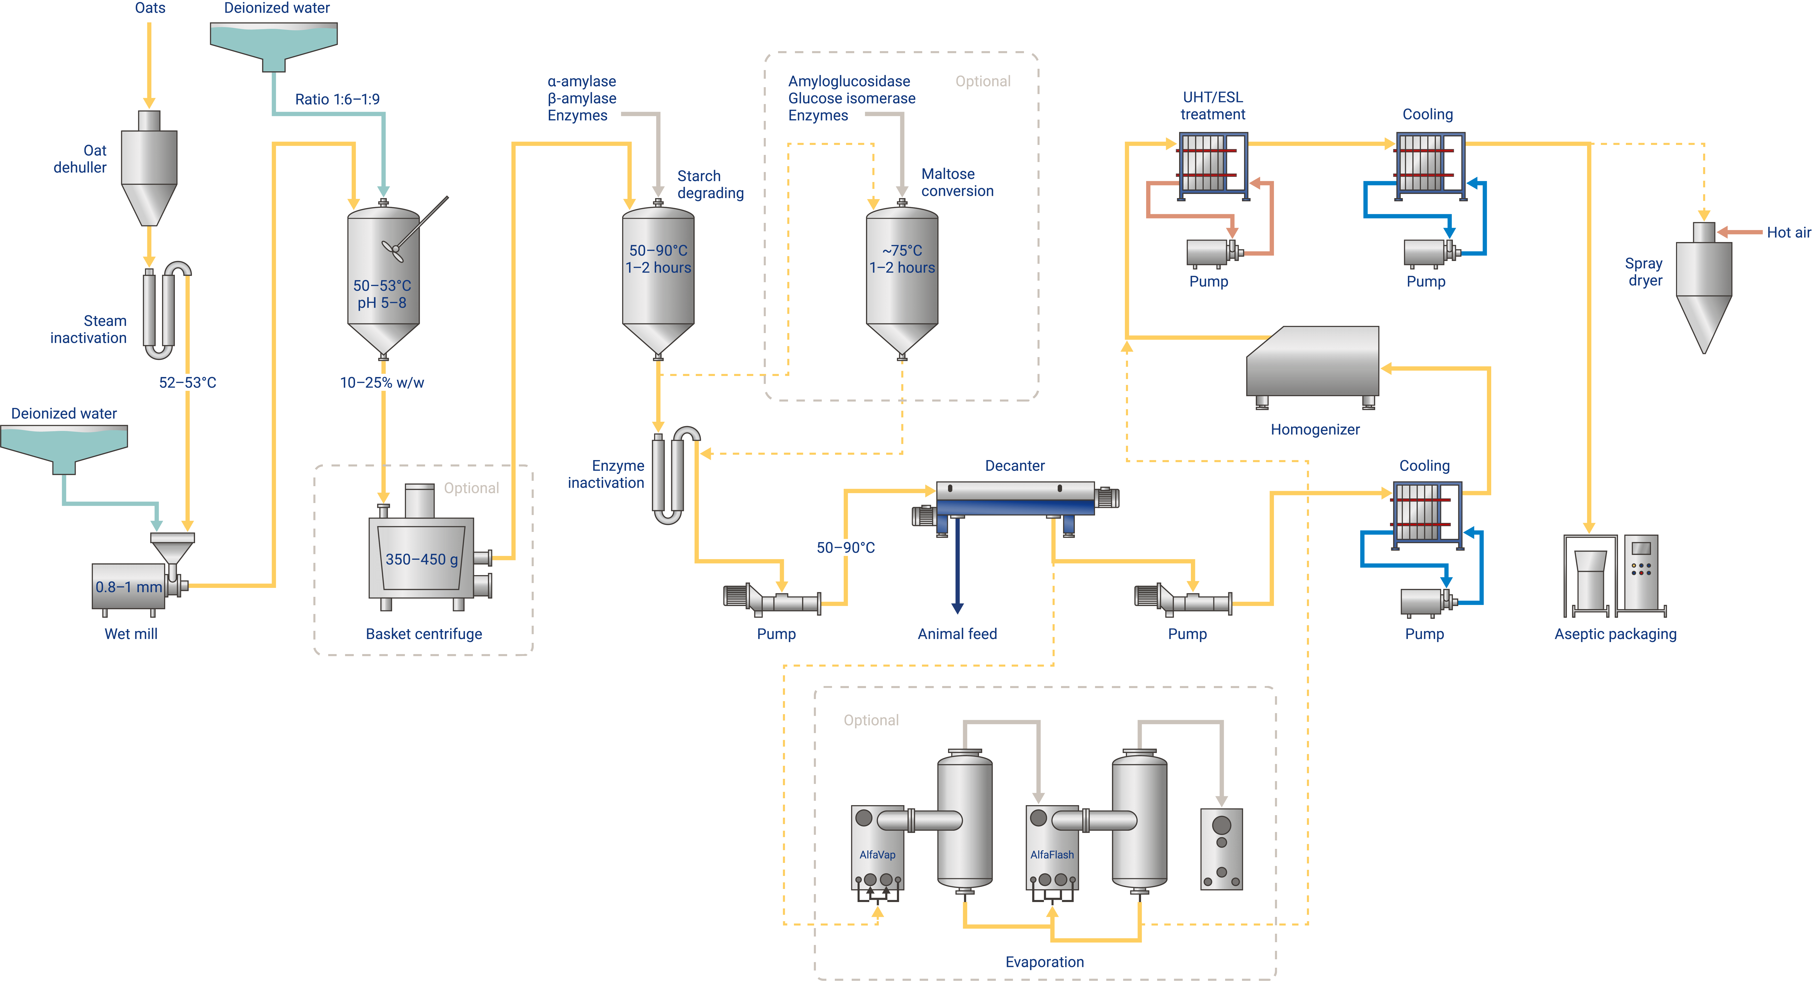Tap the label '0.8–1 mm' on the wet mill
click(129, 587)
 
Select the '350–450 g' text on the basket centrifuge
click(421, 559)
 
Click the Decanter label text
click(1014, 465)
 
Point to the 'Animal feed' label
click(957, 634)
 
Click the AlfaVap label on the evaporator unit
click(877, 854)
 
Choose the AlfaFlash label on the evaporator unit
click(1052, 854)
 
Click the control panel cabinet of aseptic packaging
click(1641, 571)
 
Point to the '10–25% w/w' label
click(382, 383)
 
